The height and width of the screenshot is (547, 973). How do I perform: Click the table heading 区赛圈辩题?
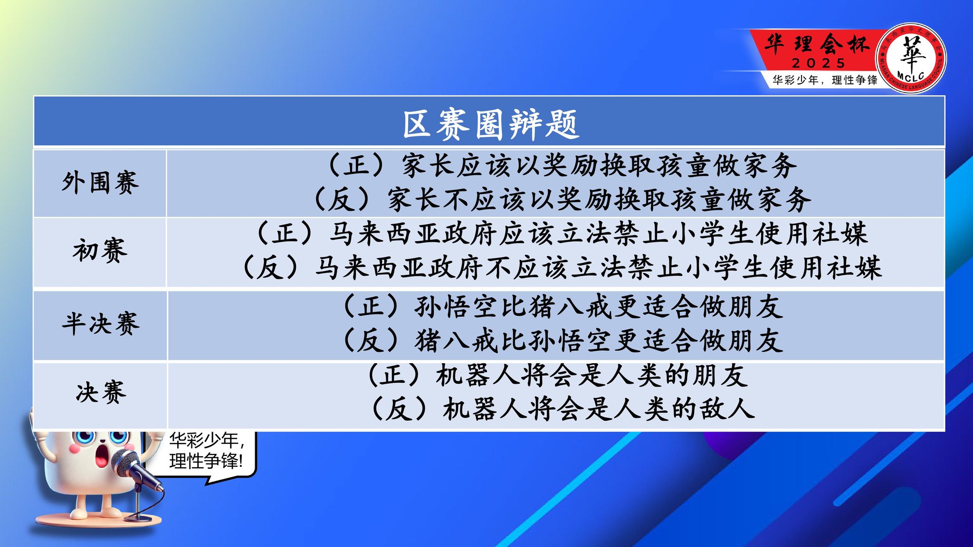[490, 124]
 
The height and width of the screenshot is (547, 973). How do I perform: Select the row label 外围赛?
[100, 183]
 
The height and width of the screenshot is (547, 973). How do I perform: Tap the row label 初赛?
[100, 251]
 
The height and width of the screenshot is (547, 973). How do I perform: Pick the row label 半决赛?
[100, 324]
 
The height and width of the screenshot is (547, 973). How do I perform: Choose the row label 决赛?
[101, 392]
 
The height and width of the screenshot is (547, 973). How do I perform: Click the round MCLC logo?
[911, 58]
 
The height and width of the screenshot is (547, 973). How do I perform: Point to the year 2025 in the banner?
[819, 63]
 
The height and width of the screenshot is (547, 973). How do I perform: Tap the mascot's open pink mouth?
[101, 456]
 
